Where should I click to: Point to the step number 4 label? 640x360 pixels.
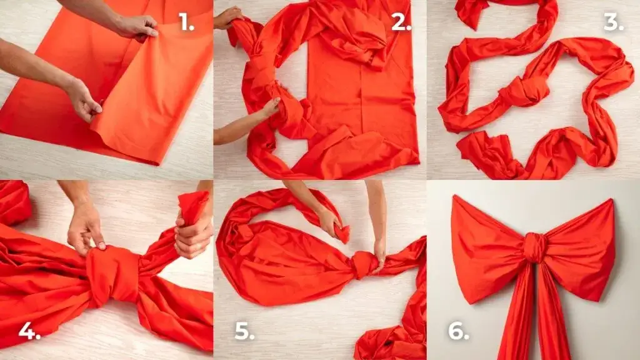coord(29,331)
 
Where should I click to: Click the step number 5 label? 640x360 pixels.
coord(244,331)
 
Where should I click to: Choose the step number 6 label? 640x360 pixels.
coord(459,331)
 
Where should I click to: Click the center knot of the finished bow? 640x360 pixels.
coord(535,247)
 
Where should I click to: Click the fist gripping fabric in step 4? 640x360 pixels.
coord(192,236)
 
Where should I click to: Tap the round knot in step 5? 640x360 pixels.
coord(364,264)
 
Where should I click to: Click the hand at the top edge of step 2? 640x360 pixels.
coord(229,18)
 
